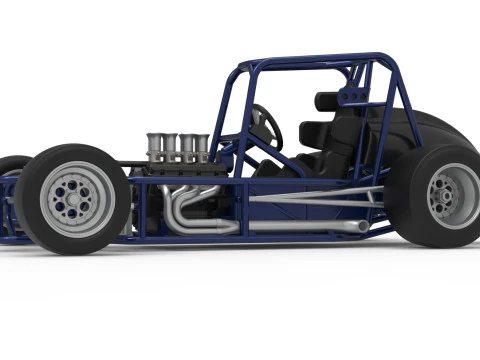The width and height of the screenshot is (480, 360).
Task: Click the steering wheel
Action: (x=268, y=126)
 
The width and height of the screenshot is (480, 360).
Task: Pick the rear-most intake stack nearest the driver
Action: (x=201, y=146)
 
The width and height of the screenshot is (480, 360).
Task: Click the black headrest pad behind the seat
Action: (x=328, y=101)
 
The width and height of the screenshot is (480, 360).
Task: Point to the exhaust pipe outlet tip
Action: (x=364, y=227)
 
